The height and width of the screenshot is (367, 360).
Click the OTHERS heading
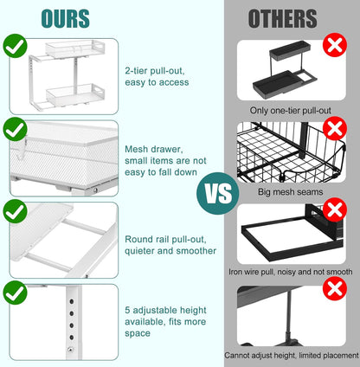pos(283,19)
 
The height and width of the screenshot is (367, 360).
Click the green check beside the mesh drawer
pos(14,130)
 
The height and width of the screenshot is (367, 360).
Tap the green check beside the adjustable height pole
pos(14,293)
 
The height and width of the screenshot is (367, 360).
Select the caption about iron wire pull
pos(290,270)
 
